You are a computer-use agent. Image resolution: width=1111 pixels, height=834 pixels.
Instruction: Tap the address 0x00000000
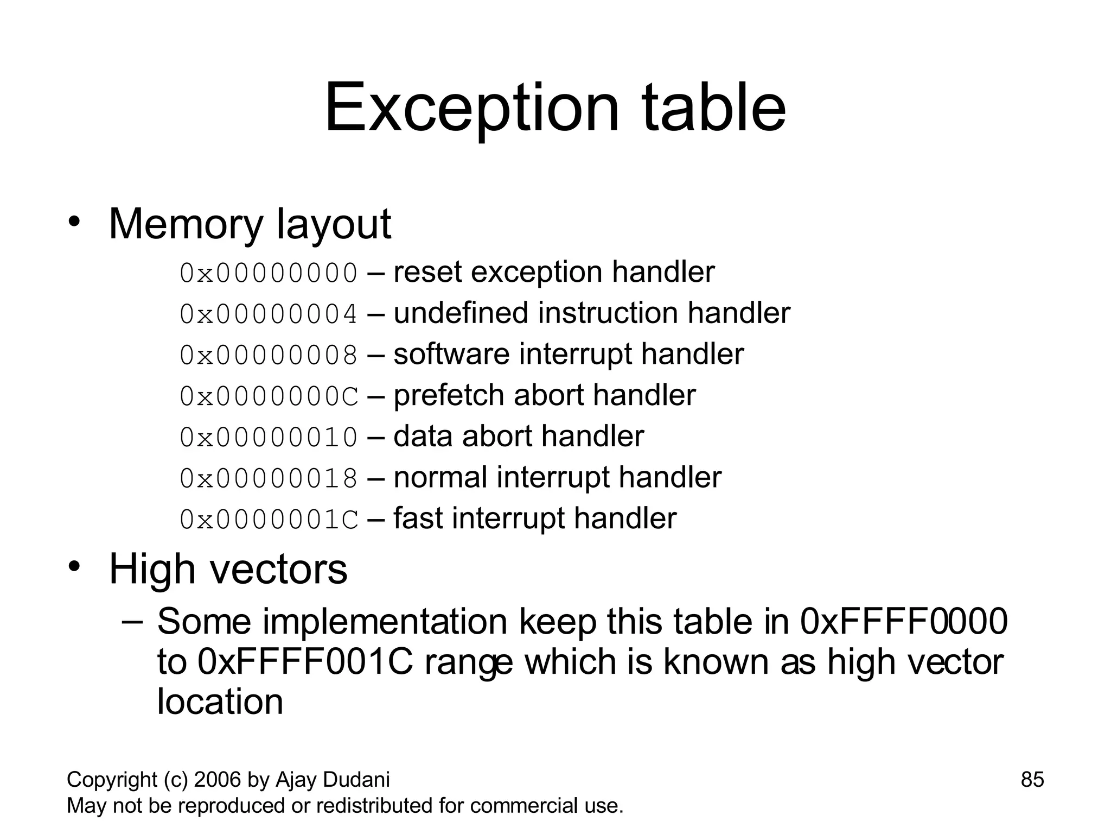click(269, 273)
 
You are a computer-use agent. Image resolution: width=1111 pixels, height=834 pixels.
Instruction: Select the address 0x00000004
click(269, 314)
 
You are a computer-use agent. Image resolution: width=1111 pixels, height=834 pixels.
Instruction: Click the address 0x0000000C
click(269, 396)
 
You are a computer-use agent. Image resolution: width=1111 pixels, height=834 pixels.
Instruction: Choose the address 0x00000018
click(269, 478)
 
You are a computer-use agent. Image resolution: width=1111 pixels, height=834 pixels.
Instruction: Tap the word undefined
click(462, 313)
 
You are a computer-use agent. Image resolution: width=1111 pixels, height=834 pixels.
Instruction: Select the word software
click(452, 354)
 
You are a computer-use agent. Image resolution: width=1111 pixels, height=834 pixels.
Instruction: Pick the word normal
click(440, 478)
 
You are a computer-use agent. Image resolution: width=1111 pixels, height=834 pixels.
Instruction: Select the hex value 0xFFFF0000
click(904, 622)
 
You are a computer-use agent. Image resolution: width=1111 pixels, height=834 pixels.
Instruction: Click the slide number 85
click(1032, 780)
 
